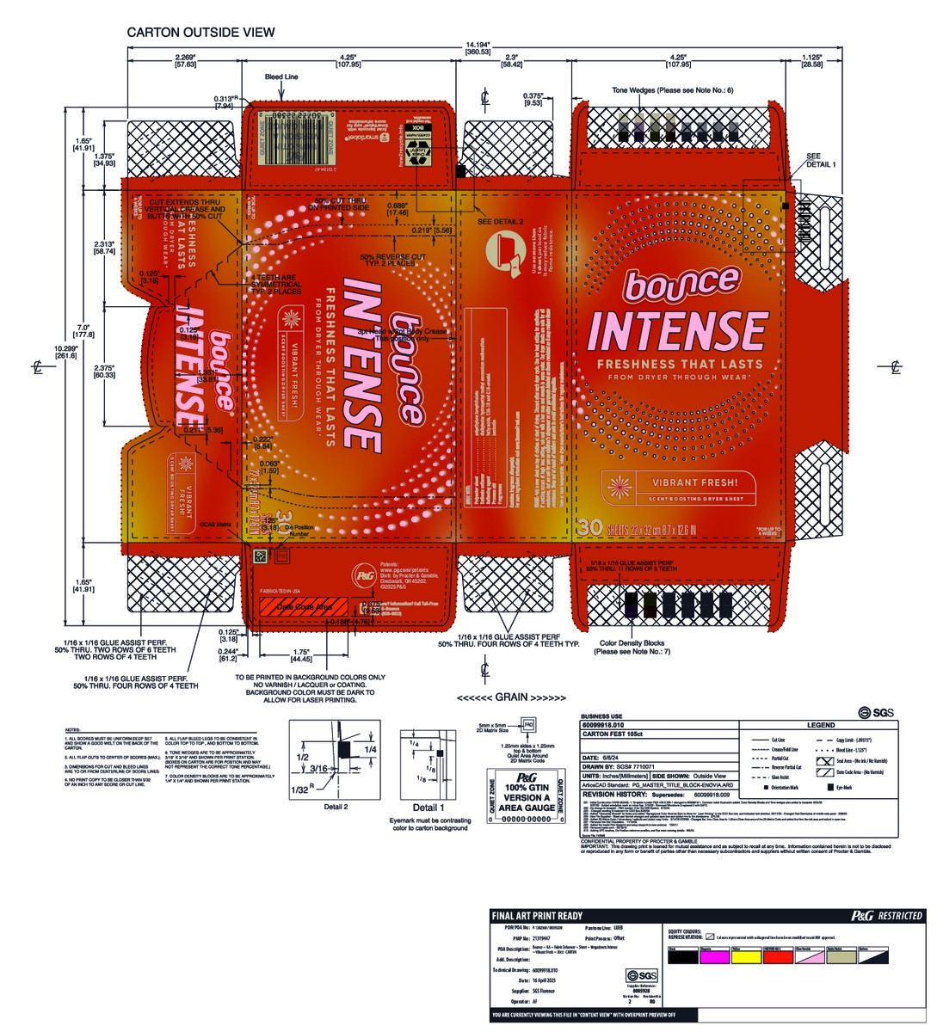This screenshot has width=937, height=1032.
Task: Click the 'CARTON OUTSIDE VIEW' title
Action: (x=200, y=33)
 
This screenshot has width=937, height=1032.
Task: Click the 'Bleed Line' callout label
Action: (x=281, y=77)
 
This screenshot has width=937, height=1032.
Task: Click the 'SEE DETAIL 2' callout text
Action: (x=500, y=221)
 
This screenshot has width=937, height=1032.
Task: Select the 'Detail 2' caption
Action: (x=336, y=807)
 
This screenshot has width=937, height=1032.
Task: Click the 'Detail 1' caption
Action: (x=428, y=808)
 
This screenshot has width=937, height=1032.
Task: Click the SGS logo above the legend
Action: (x=875, y=712)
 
